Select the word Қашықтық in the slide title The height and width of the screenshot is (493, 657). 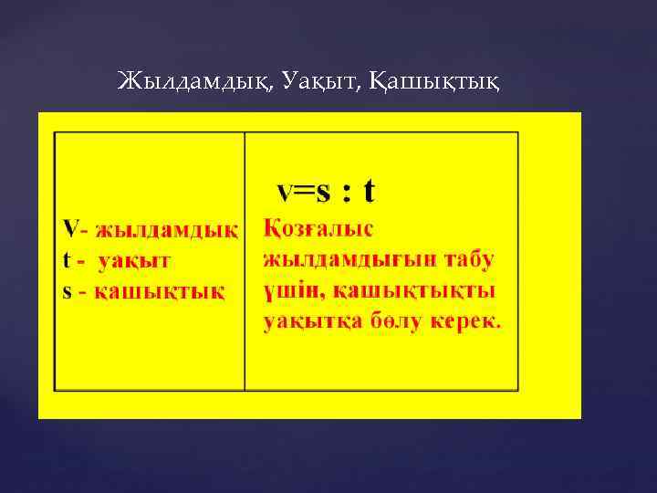(436, 83)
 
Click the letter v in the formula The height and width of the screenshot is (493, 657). (286, 193)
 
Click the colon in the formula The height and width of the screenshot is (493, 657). (346, 193)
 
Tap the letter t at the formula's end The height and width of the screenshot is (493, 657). (369, 191)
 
